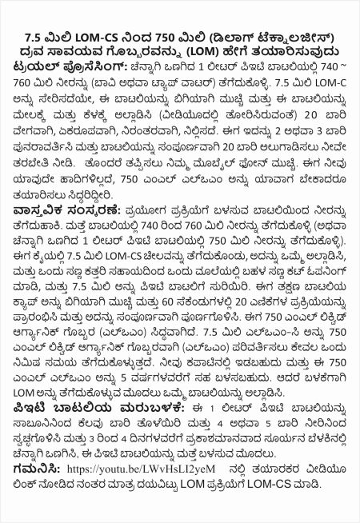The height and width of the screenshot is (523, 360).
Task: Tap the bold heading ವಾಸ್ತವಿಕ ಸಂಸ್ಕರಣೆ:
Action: (x=60, y=231)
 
